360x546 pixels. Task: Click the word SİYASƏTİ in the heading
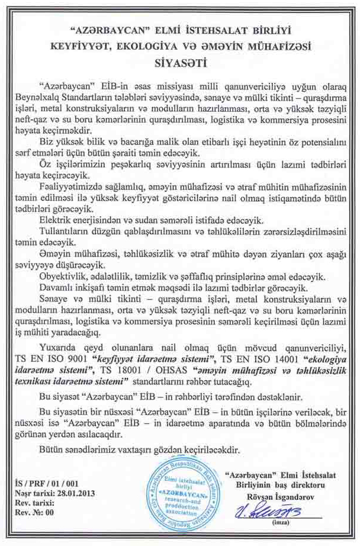pos(179,60)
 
